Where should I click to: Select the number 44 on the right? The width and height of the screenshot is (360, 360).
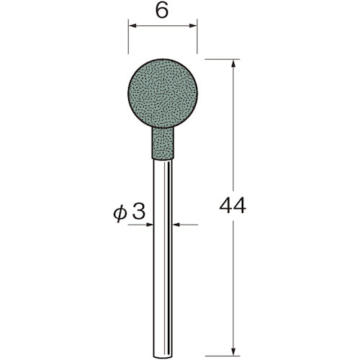(232, 206)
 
